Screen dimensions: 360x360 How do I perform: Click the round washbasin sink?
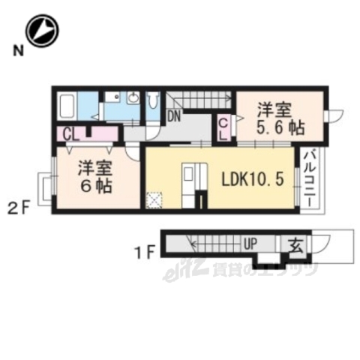click(133, 98)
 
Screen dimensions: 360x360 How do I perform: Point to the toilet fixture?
click(152, 103)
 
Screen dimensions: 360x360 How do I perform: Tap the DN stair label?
click(174, 116)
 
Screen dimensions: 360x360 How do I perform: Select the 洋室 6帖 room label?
click(96, 175)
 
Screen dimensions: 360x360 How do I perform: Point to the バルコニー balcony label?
click(309, 181)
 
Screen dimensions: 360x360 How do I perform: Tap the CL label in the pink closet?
click(73, 135)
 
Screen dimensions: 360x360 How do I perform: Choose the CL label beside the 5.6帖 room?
click(224, 130)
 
